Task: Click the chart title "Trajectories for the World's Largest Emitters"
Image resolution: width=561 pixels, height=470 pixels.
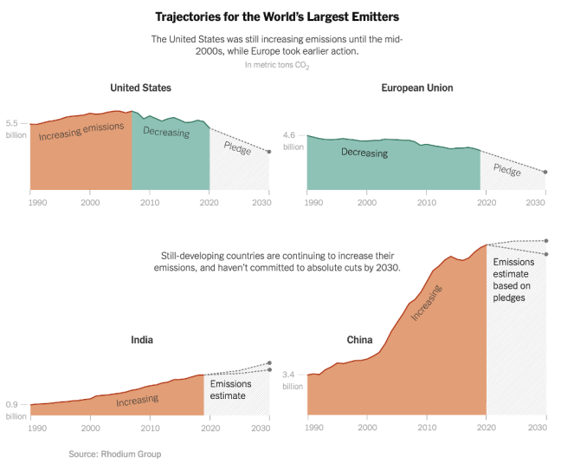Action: (277, 16)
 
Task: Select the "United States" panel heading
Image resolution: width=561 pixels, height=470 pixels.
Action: (140, 88)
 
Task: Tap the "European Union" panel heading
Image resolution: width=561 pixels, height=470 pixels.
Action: (416, 88)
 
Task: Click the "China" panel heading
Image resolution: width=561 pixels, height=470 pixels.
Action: (359, 340)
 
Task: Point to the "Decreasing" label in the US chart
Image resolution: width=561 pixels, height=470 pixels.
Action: (165, 132)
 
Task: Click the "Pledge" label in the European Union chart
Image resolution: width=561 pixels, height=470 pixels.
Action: (506, 170)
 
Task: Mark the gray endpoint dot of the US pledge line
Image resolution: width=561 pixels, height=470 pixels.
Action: (268, 152)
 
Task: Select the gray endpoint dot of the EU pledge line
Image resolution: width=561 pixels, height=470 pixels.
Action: (545, 173)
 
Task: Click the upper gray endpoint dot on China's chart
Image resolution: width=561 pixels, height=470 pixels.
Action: (545, 240)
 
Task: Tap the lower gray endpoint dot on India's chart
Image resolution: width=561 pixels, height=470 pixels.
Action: (268, 370)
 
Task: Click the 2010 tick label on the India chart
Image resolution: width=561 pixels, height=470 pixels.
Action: (150, 428)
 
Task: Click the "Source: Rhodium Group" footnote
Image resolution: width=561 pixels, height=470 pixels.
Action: (115, 454)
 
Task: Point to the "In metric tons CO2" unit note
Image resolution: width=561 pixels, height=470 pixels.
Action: (276, 65)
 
